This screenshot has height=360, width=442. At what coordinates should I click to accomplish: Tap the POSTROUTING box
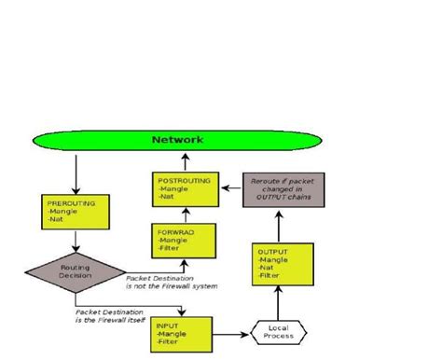pyautogui.click(x=186, y=188)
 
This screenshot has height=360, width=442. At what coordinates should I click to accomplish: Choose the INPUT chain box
pyautogui.click(x=182, y=334)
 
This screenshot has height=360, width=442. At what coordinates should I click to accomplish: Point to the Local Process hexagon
pyautogui.click(x=278, y=332)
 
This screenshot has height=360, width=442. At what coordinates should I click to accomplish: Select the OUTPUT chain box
pyautogui.click(x=278, y=263)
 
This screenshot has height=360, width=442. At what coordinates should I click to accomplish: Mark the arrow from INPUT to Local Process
pyautogui.click(x=230, y=333)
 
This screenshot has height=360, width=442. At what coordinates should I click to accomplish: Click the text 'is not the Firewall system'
pyautogui.click(x=172, y=285)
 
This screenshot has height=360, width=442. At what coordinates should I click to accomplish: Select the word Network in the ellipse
pyautogui.click(x=178, y=141)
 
